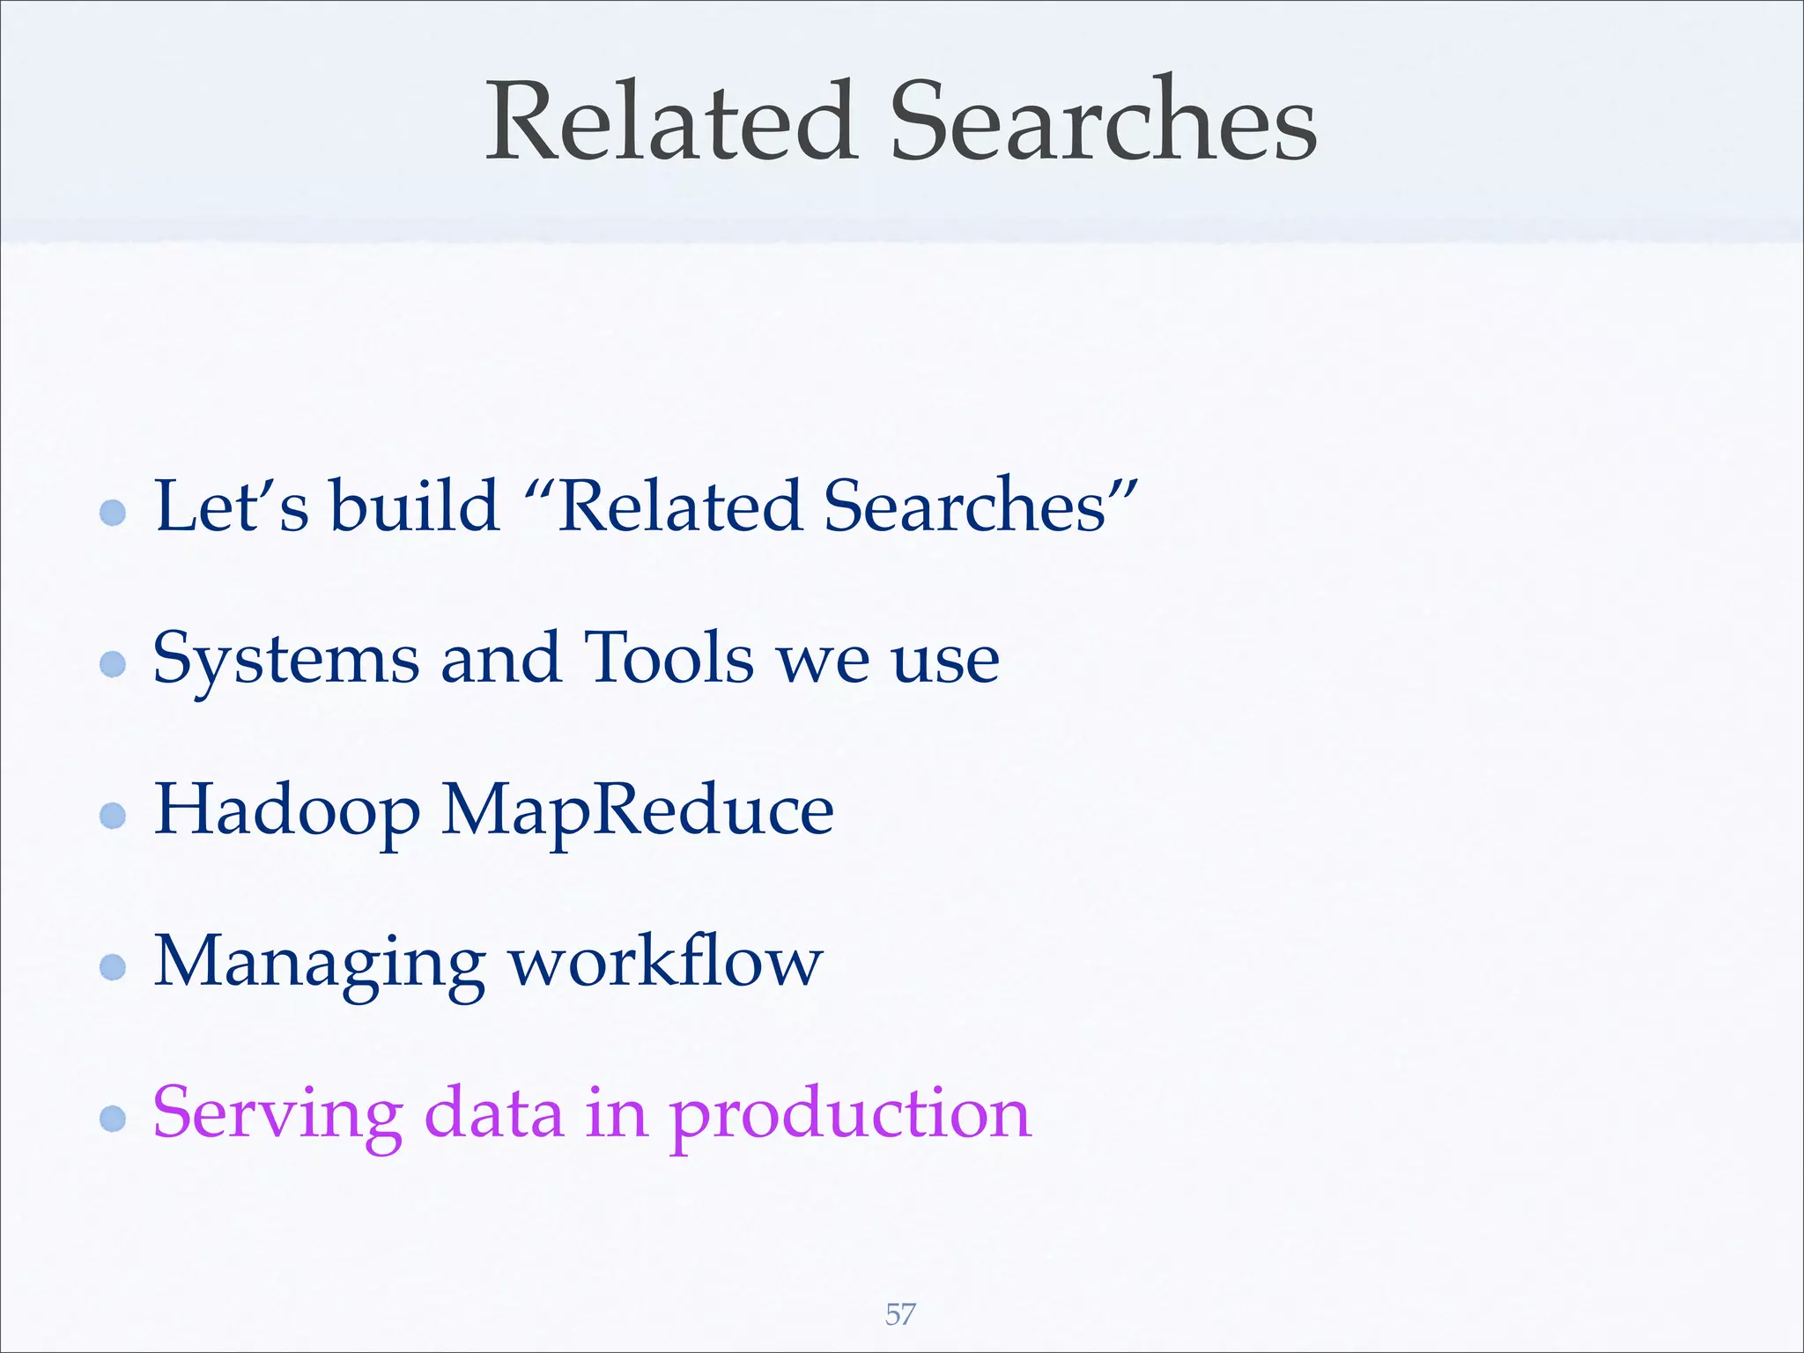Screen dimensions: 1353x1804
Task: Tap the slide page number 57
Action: coord(900,1314)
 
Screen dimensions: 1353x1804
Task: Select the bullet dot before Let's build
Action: coord(113,512)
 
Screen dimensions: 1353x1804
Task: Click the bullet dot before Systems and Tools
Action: coord(113,663)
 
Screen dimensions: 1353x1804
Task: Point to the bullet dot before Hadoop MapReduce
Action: coord(113,815)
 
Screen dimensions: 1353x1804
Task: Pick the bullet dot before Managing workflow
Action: coord(113,967)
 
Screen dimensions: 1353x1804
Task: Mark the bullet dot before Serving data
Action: coord(113,1119)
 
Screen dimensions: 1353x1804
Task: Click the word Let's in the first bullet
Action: coord(232,506)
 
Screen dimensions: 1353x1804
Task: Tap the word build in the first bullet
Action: coord(414,506)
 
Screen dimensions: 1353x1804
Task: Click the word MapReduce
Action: coord(637,810)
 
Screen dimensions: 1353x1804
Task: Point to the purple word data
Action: coord(493,1113)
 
